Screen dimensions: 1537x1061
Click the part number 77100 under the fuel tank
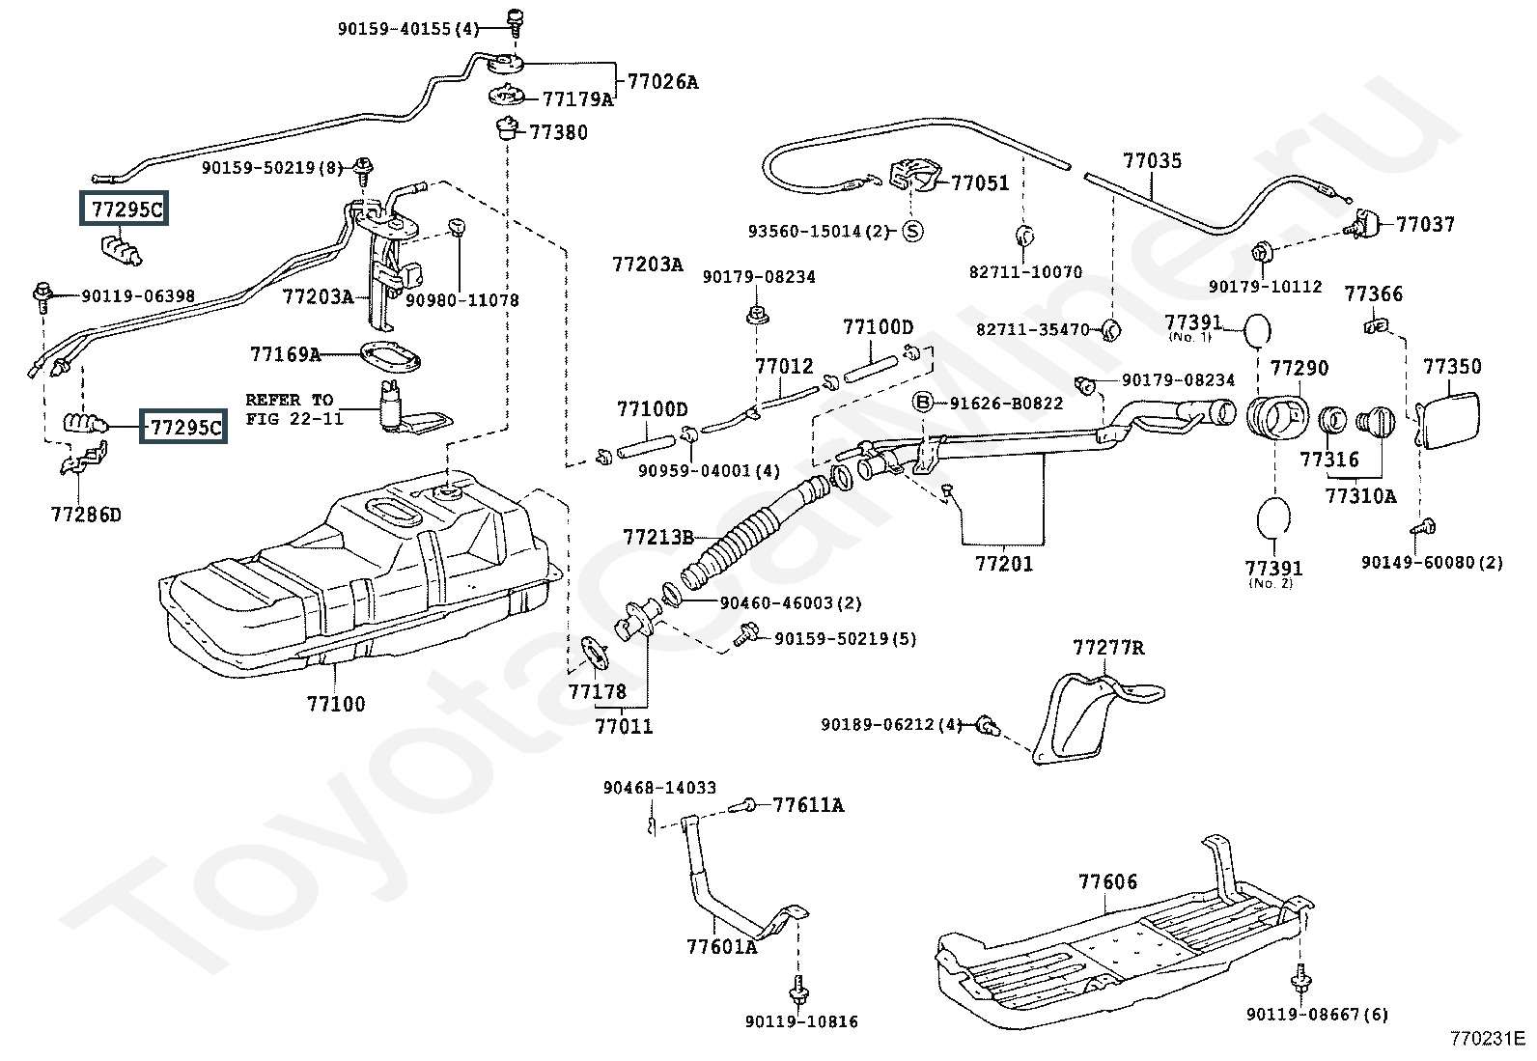[x=336, y=704]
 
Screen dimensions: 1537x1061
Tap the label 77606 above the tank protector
[x=1107, y=881]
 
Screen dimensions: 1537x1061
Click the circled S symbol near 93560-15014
[x=912, y=232]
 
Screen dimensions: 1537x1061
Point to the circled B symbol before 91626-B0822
[x=923, y=403]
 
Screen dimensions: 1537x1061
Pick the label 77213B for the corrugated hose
[x=658, y=537]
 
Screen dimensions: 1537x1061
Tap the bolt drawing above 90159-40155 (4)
[x=515, y=23]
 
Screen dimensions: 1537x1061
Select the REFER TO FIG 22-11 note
[x=293, y=409]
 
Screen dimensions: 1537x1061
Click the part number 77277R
[x=1109, y=647]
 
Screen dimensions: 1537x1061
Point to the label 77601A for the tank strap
[x=722, y=946]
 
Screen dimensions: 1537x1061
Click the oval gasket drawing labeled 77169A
[x=390, y=357]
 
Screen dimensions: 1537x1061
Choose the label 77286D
[x=86, y=514]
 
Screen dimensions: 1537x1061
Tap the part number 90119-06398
[x=138, y=295]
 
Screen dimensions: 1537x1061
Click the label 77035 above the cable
[x=1152, y=160]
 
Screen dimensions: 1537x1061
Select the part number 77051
[x=980, y=182]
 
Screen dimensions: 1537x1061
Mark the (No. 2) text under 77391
[x=1271, y=583]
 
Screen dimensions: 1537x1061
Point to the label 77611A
[x=808, y=804]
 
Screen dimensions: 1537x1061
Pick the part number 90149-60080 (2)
[x=1432, y=562]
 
